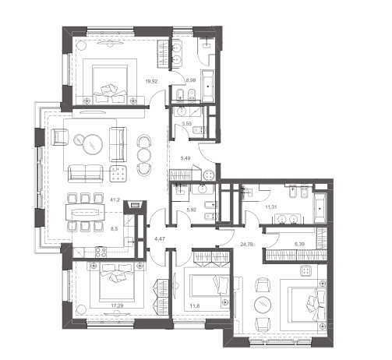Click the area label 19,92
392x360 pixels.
pyautogui.click(x=151, y=81)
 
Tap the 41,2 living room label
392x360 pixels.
pyautogui.click(x=115, y=199)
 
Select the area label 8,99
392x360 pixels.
pyautogui.click(x=191, y=80)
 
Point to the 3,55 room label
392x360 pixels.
pyautogui.click(x=187, y=124)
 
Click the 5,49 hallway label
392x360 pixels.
pyautogui.click(x=185, y=158)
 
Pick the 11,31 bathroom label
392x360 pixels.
pyautogui.click(x=271, y=207)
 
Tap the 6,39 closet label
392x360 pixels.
pyautogui.click(x=300, y=244)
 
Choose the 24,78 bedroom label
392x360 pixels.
pyautogui.click(x=247, y=244)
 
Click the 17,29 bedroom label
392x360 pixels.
pyautogui.click(x=117, y=305)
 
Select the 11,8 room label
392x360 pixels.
pyautogui.click(x=195, y=306)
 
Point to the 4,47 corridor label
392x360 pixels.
pyautogui.click(x=160, y=238)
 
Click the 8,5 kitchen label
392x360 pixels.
pyautogui.click(x=115, y=229)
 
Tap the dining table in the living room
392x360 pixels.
pyautogui.click(x=85, y=213)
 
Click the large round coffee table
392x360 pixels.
pyautogui.click(x=92, y=144)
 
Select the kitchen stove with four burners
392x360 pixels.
pyautogui.click(x=101, y=251)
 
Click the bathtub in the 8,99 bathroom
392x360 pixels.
pyautogui.click(x=207, y=86)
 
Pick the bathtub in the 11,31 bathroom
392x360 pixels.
pyautogui.click(x=320, y=208)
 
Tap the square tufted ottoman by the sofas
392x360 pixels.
pyautogui.click(x=118, y=174)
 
